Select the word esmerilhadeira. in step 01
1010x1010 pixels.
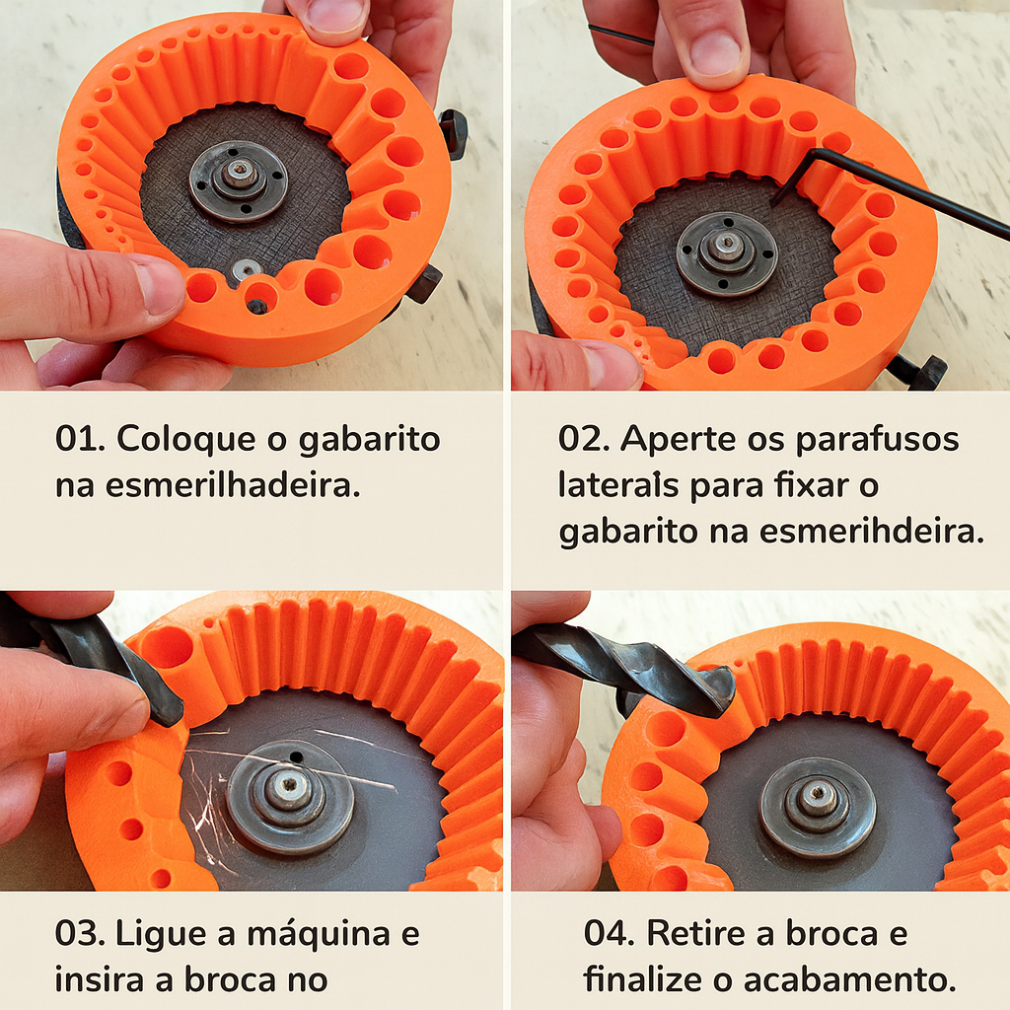point(233,485)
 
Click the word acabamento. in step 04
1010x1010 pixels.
point(850,979)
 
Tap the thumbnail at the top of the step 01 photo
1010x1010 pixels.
point(334,16)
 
